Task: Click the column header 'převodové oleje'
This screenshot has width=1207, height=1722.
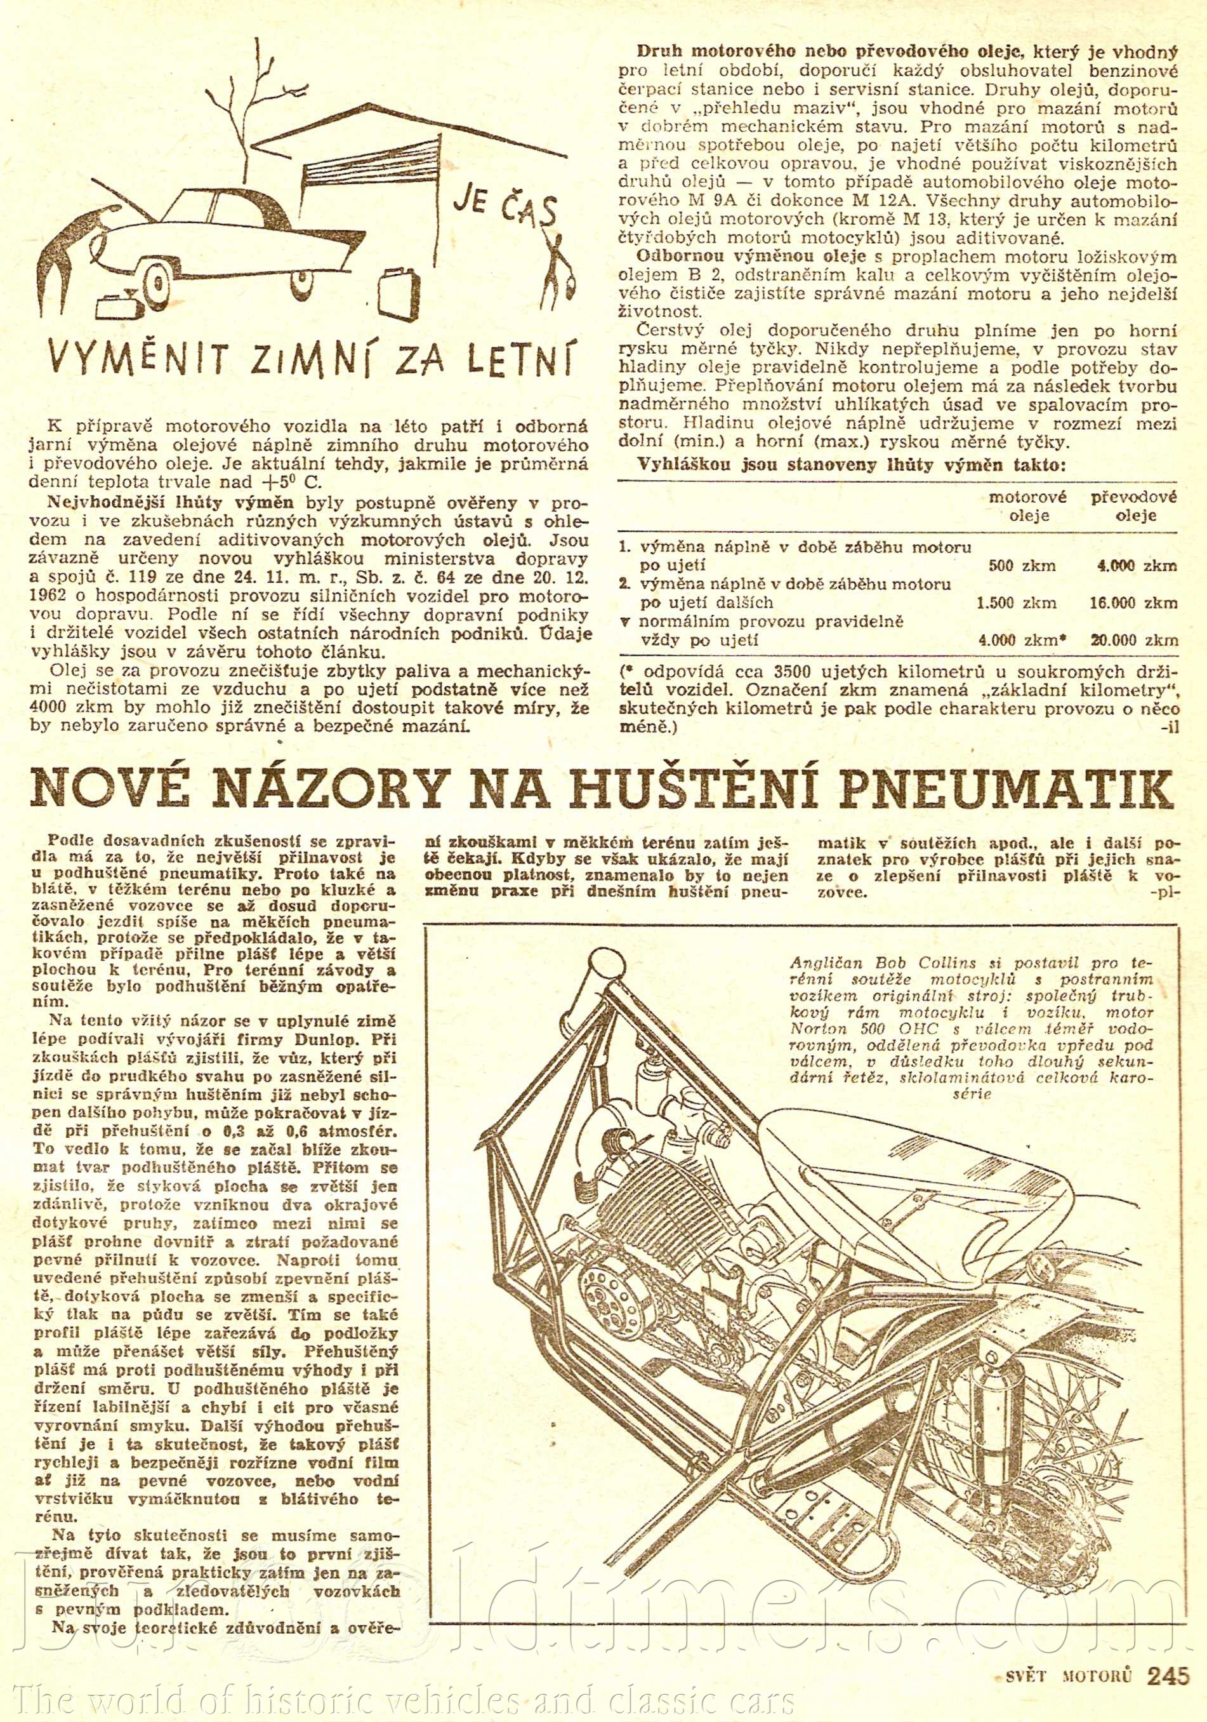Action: click(1133, 505)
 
